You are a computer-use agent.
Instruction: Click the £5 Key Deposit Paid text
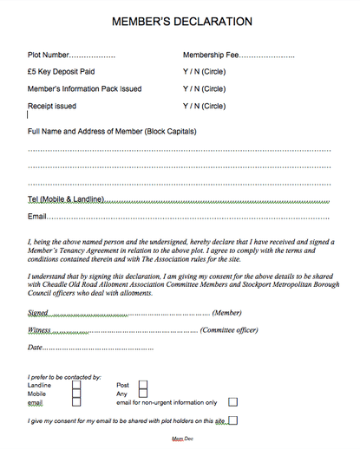[x=63, y=73]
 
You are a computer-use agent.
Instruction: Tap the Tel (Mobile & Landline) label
[x=66, y=199]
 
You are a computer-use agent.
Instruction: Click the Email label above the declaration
[x=36, y=216]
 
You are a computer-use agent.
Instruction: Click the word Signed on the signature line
[x=38, y=313]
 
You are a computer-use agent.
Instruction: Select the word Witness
[x=40, y=330]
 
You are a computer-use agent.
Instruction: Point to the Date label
[x=36, y=348]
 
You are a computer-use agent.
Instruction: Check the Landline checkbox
[x=77, y=385]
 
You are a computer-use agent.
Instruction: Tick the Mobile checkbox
[x=77, y=394]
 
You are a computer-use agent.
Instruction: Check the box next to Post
[x=144, y=385]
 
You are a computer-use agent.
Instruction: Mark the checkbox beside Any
[x=144, y=394]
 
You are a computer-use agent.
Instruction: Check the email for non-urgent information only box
[x=232, y=402]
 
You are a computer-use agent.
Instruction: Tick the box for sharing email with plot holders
[x=232, y=421]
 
